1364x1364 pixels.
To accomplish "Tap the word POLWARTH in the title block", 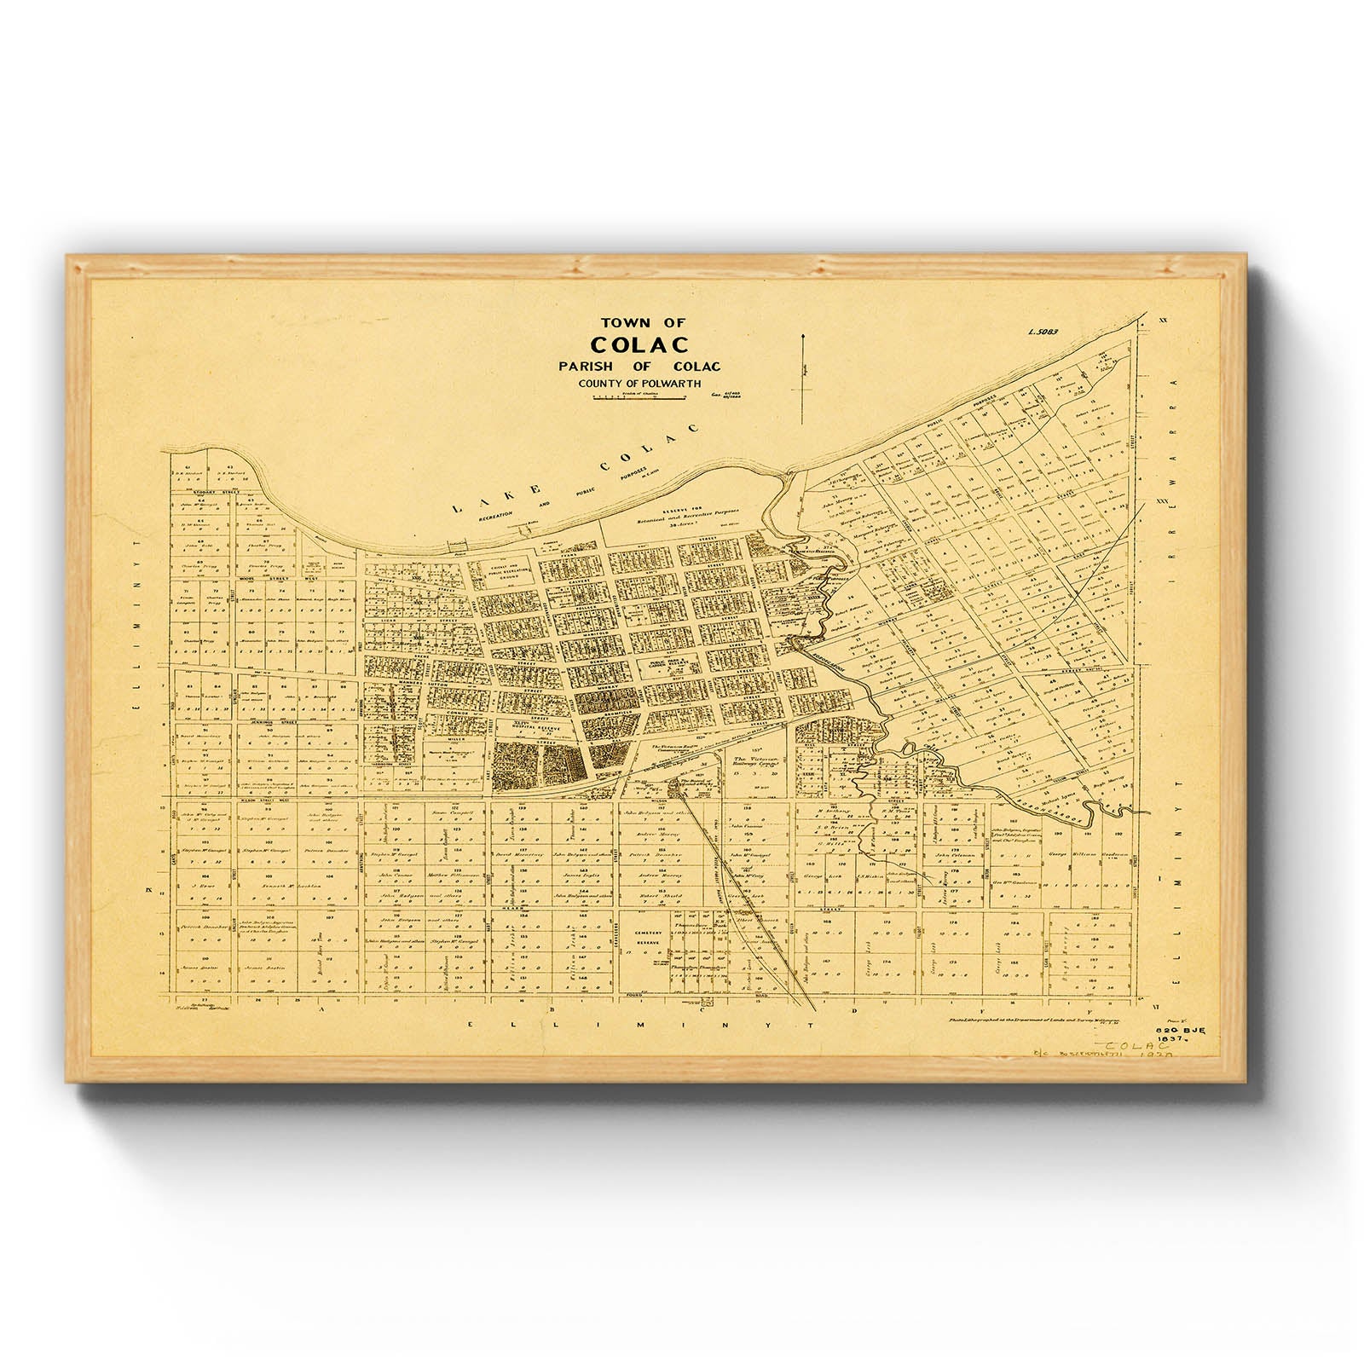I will click(x=669, y=384).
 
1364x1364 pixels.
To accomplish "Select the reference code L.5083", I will click(x=1042, y=332).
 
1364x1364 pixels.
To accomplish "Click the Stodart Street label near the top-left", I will click(x=207, y=492).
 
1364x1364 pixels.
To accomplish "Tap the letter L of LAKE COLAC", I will click(x=456, y=507).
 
